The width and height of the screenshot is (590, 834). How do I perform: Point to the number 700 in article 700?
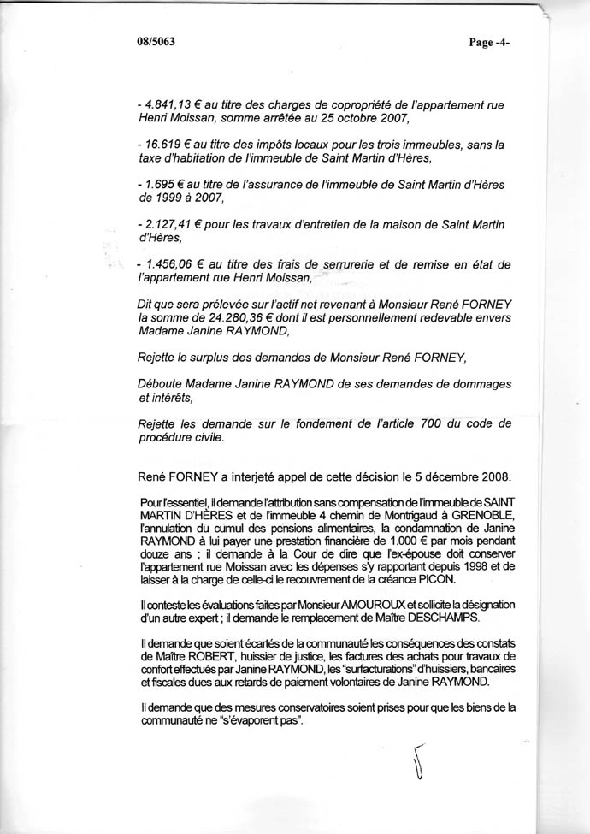tap(422, 424)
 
